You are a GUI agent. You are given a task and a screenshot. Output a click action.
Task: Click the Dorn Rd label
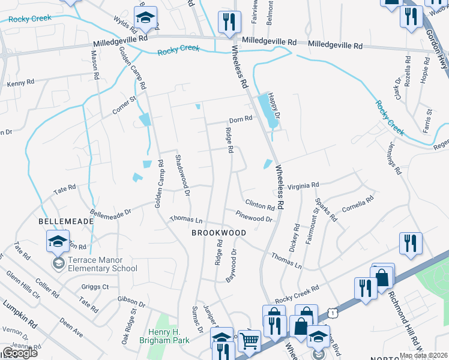coord(240,119)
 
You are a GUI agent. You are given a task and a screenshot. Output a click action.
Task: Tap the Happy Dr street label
coord(275,105)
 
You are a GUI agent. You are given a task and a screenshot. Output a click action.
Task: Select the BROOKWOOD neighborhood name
coord(219,232)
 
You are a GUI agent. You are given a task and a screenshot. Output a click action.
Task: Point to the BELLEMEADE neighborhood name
coord(66,221)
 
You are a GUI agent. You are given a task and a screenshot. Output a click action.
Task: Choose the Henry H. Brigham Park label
coord(173,335)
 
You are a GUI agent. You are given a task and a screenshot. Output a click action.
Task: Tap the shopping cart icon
coord(249,341)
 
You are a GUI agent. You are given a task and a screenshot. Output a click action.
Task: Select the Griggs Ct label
coord(97,287)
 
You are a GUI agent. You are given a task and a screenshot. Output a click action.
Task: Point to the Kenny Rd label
coord(19,84)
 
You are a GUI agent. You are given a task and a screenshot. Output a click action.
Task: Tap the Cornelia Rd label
coord(358,205)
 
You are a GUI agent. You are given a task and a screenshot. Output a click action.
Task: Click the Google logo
coord(19,353)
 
